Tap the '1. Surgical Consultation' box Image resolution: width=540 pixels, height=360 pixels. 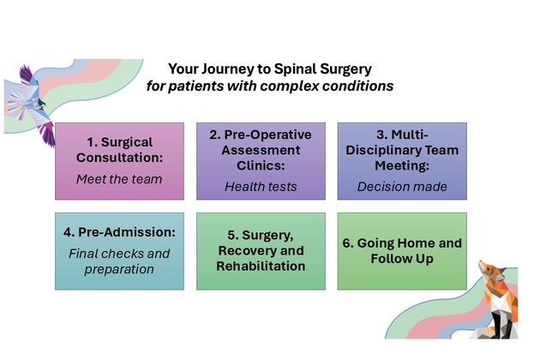[119, 160]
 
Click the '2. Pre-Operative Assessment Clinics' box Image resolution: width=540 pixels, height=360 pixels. [261, 160]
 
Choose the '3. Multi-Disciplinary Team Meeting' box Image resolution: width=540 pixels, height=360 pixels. [402, 160]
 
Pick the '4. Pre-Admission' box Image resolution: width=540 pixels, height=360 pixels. [119, 250]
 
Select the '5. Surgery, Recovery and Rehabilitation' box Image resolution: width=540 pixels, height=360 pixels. [261, 250]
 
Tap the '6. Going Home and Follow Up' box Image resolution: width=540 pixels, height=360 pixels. [402, 250]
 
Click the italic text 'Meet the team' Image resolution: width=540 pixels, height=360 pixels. [119, 180]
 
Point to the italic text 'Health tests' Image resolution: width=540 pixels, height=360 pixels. [261, 186]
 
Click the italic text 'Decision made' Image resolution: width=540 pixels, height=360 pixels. [402, 186]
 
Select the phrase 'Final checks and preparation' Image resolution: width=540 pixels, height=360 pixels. [119, 261]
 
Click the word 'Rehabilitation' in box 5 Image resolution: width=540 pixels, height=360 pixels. [261, 267]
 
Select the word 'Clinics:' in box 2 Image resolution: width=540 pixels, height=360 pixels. [261, 165]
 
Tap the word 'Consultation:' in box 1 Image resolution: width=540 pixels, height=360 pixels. [119, 158]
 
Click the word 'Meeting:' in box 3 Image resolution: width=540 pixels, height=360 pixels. [402, 165]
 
